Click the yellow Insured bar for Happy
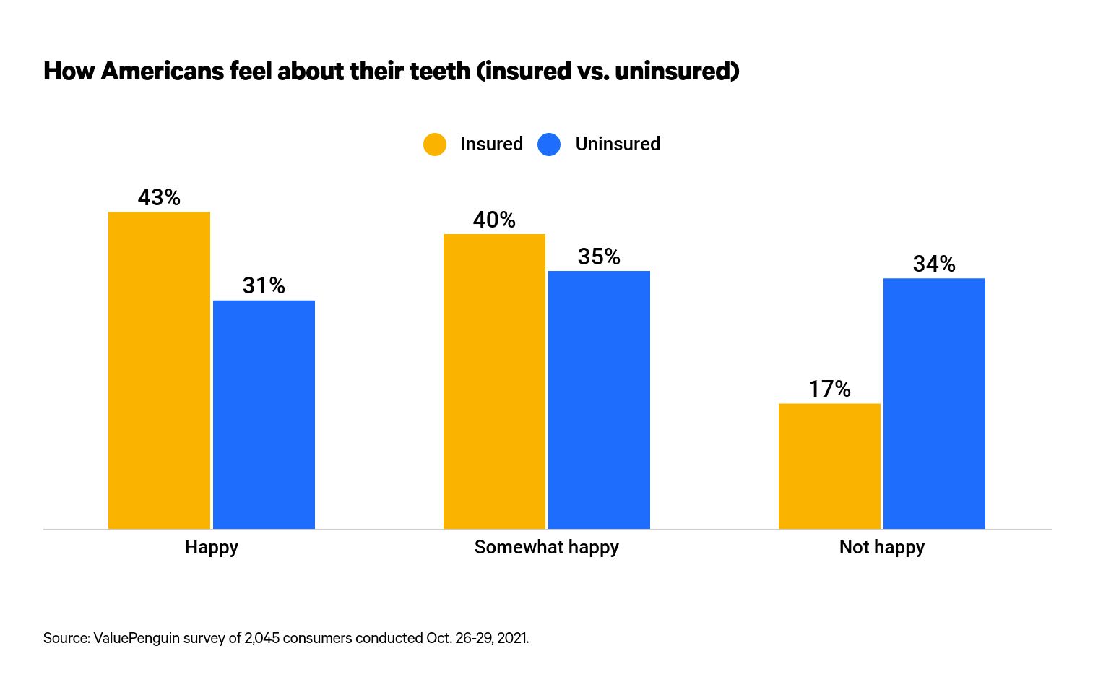click(159, 370)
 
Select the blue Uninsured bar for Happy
click(264, 414)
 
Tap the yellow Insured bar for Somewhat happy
click(494, 381)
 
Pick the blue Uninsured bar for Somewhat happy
click(599, 400)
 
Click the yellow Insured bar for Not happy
click(829, 466)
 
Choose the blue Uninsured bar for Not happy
click(934, 403)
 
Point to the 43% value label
click(159, 197)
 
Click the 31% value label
click(264, 286)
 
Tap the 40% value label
click(494, 220)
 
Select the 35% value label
click(599, 257)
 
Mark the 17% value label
click(829, 389)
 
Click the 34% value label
click(934, 264)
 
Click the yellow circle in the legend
click(435, 145)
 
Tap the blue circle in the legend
click(549, 145)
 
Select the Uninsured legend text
click(618, 144)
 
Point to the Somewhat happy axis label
click(546, 547)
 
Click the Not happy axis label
click(881, 547)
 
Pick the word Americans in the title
click(163, 71)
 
